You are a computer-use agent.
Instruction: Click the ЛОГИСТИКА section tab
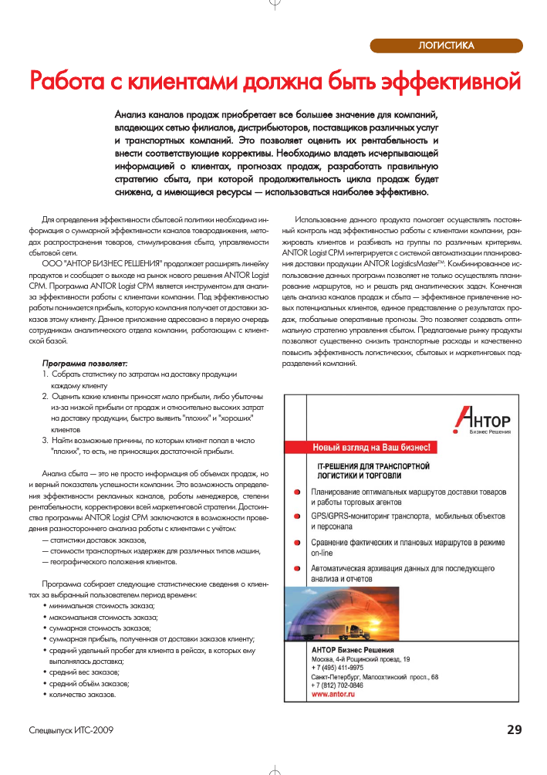pos(445,46)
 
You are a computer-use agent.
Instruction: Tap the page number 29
pos(515,729)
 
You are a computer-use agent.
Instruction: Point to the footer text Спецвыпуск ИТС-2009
pos(71,730)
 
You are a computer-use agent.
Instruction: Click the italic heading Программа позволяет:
pos(85,362)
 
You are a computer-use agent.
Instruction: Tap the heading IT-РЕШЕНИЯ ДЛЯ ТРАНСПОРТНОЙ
pos(373,467)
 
